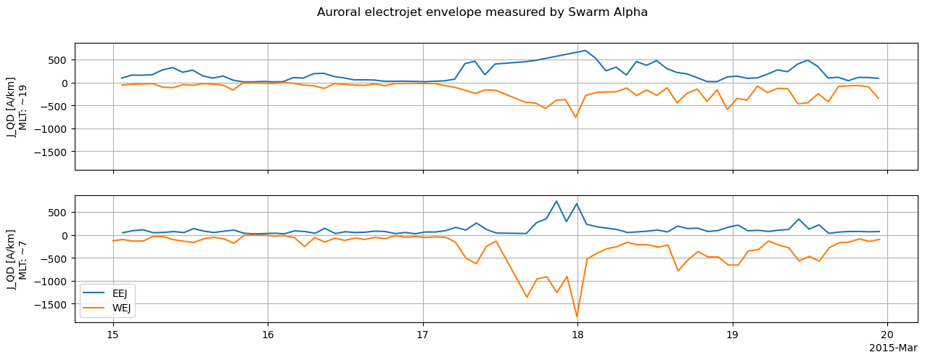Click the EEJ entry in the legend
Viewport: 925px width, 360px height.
[117, 293]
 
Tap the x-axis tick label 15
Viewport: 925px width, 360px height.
[112, 335]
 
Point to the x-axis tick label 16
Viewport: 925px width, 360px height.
[268, 335]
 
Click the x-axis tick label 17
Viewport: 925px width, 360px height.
[422, 335]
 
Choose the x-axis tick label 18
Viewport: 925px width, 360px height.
[577, 335]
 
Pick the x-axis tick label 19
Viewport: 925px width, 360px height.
[732, 335]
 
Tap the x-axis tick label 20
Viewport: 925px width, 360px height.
[887, 335]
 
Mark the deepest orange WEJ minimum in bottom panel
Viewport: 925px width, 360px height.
[577, 316]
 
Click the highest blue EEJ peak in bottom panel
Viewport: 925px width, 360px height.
[556, 201]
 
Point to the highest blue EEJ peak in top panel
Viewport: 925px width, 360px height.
[585, 51]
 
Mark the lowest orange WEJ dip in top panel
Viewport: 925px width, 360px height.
[576, 118]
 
